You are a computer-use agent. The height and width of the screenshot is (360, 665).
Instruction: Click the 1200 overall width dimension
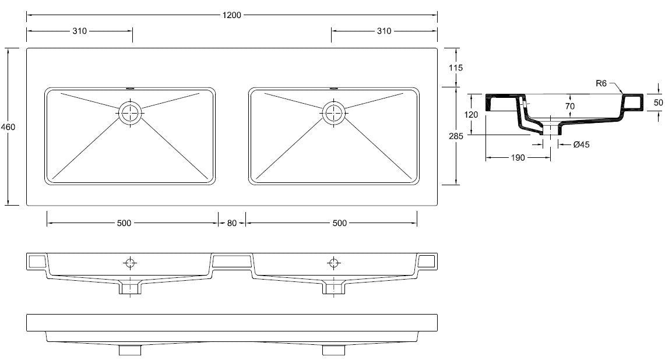click(x=231, y=15)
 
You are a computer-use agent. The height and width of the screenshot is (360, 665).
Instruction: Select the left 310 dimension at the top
click(x=79, y=31)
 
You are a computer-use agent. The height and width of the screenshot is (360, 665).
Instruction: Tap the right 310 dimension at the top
click(x=384, y=31)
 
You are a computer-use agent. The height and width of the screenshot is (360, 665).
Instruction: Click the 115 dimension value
click(x=456, y=68)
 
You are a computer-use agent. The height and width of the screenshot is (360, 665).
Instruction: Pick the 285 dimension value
click(x=456, y=136)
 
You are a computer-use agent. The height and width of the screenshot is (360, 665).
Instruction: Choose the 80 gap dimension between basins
click(x=232, y=223)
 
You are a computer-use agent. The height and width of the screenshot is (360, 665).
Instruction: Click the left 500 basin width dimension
click(x=124, y=223)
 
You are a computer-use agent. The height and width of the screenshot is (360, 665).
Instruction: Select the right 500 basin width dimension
click(x=340, y=223)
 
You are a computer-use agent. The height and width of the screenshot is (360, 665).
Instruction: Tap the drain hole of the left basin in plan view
click(x=131, y=111)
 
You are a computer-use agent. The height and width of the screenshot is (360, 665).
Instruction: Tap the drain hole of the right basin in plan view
click(x=334, y=111)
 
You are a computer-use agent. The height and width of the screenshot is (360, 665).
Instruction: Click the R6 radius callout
click(x=602, y=83)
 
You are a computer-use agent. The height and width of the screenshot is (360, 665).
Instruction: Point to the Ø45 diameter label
click(x=581, y=145)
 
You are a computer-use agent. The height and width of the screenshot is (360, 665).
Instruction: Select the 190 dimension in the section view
click(x=518, y=157)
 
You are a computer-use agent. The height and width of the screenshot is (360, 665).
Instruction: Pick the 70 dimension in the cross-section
click(x=569, y=106)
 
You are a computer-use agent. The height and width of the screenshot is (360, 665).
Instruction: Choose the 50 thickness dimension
click(x=658, y=102)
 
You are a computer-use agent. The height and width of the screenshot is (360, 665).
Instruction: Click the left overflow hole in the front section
click(x=131, y=263)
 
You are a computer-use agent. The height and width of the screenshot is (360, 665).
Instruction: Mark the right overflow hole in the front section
click(x=334, y=263)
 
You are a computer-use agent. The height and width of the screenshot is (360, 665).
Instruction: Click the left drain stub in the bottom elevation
click(x=131, y=350)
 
